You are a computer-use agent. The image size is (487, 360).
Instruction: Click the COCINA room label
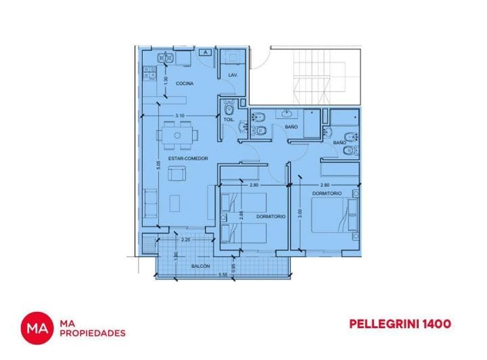(x=185, y=83)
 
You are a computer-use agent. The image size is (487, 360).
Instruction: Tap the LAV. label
(x=232, y=74)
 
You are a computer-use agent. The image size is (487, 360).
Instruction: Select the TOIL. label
(x=229, y=120)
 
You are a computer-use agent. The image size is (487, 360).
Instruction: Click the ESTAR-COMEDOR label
(x=189, y=158)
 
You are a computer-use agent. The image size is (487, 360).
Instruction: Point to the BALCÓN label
(x=200, y=266)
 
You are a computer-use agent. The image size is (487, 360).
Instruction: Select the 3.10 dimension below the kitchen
(x=179, y=116)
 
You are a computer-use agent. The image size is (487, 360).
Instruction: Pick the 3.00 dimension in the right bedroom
(x=300, y=211)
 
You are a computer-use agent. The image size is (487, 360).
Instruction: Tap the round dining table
(x=178, y=135)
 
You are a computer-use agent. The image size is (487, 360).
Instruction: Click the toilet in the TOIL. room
(x=229, y=108)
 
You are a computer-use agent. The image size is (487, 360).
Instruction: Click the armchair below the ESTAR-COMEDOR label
(x=177, y=175)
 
